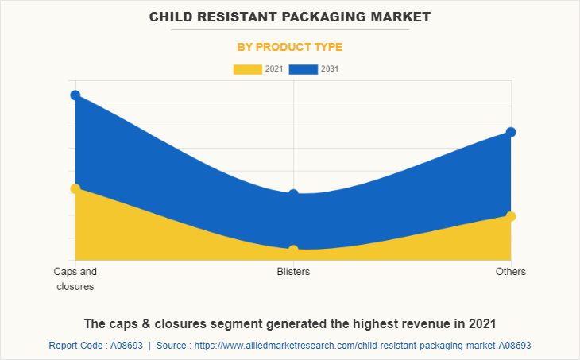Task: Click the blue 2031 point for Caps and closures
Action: pos(75,95)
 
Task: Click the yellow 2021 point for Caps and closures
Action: pos(75,188)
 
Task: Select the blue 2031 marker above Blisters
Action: pos(293,194)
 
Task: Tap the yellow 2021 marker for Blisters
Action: pos(293,250)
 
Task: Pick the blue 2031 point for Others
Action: pos(511,132)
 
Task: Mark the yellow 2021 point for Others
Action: pos(511,216)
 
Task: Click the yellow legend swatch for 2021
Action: pos(247,69)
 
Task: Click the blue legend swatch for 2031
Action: pos(304,69)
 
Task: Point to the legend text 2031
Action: pos(330,69)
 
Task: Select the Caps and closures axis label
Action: pos(75,279)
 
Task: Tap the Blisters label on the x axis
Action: pos(293,272)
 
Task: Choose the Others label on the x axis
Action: pos(511,272)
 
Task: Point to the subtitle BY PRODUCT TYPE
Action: pos(290,47)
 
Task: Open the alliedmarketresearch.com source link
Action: pos(362,346)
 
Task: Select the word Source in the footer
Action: pos(172,346)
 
